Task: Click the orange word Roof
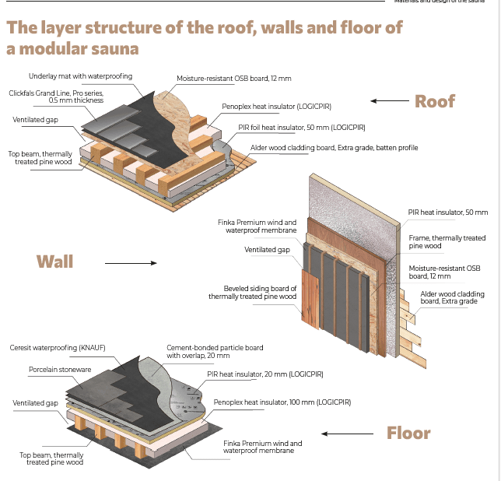(434, 101)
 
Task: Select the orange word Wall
(54, 261)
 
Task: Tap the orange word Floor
(408, 433)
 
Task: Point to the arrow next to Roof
(384, 101)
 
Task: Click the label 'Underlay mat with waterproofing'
(80, 76)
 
